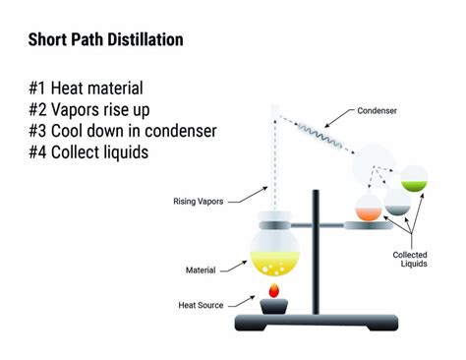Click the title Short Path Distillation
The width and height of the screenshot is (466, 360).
(x=104, y=40)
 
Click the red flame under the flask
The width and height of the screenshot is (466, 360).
(x=273, y=292)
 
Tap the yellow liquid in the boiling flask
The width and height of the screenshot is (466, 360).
(x=272, y=262)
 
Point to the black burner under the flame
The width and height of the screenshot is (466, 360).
(x=272, y=309)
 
